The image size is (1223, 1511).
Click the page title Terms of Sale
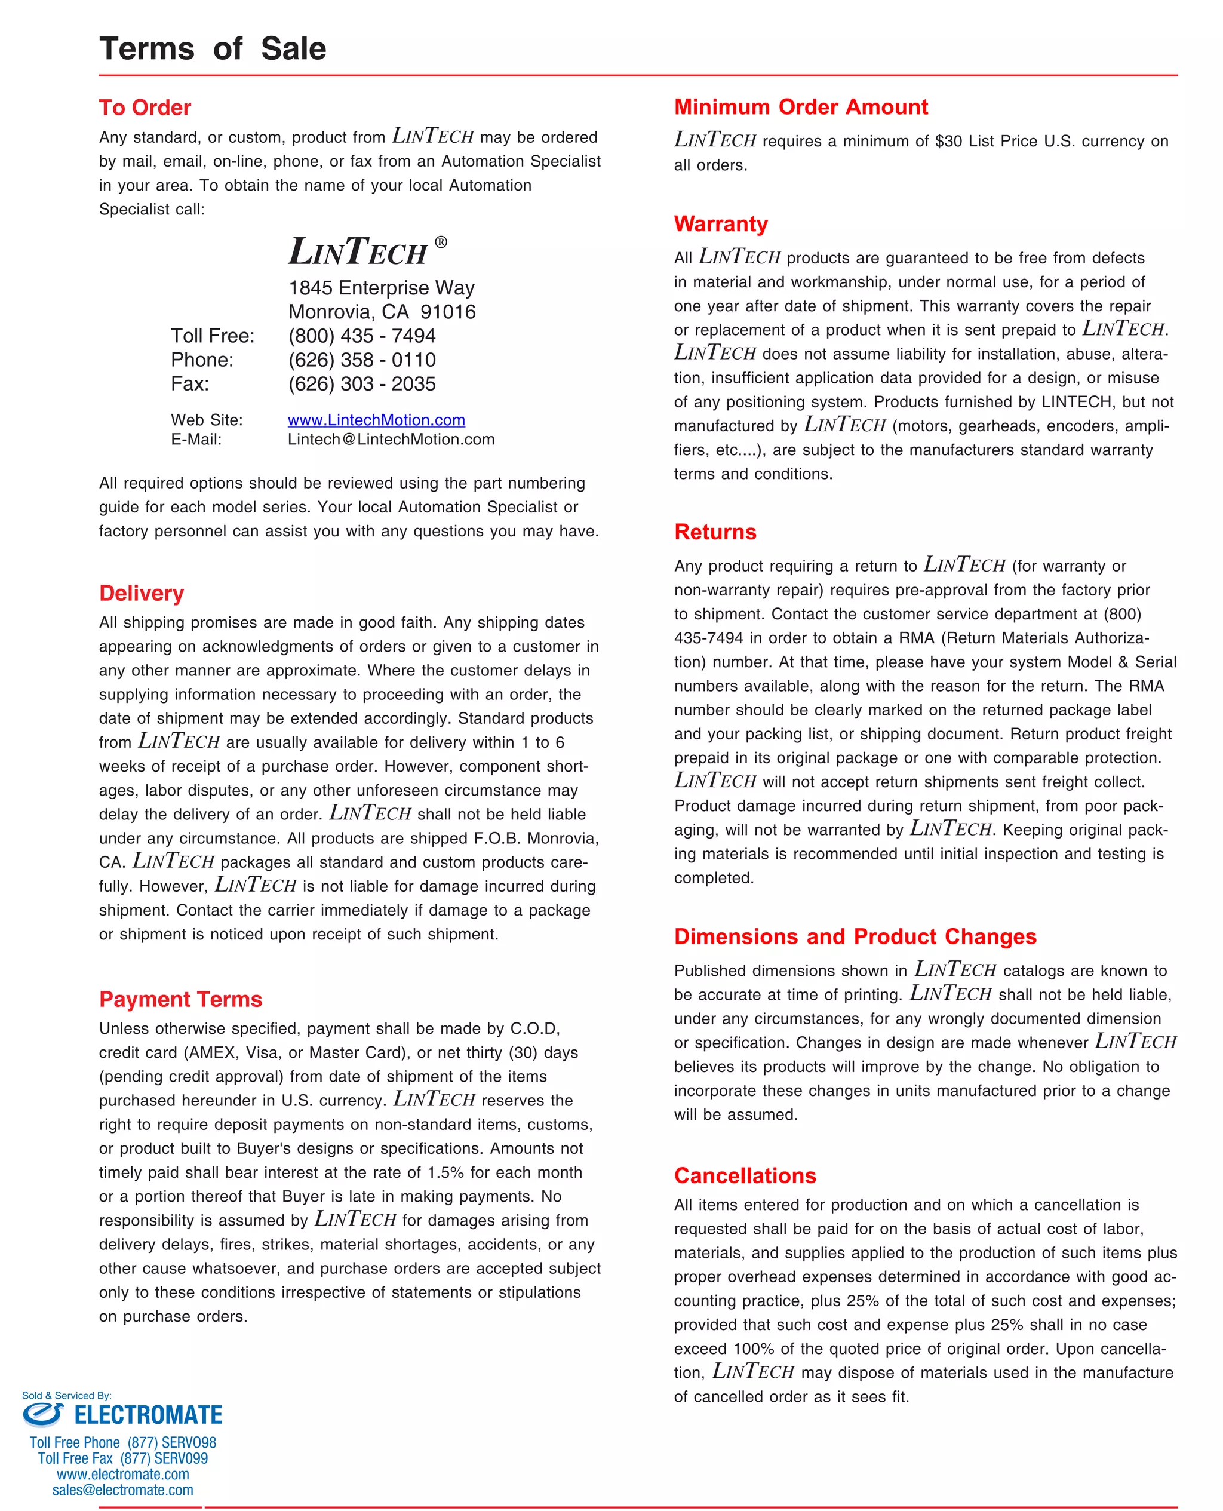pos(212,48)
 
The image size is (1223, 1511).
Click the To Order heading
pos(145,108)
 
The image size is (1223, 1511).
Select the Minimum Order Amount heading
pos(800,107)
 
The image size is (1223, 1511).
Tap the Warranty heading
pos(720,224)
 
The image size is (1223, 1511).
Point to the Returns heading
pos(714,532)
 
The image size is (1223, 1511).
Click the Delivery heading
pos(141,593)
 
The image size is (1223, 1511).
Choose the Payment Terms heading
pos(180,999)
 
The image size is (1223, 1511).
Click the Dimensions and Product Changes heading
pos(855,936)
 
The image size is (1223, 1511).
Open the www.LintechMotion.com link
pos(376,420)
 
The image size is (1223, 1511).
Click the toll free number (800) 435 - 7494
pos(361,336)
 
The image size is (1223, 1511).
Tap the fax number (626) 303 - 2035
pos(361,384)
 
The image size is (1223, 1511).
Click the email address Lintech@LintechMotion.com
pos(391,440)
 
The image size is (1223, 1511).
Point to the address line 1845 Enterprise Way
pos(381,288)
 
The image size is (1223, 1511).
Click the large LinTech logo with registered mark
pos(366,251)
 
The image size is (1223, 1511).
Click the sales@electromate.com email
pos(122,1490)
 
